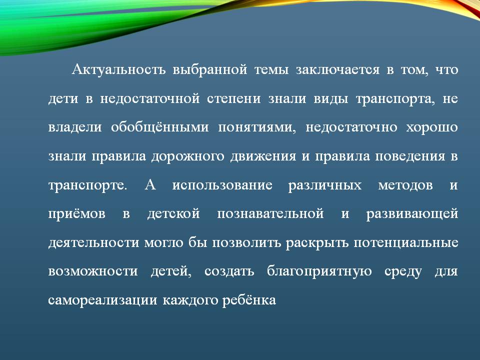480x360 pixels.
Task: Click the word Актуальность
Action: click(119, 69)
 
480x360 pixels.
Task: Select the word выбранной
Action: click(210, 70)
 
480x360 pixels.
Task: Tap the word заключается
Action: click(337, 70)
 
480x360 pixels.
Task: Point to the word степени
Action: click(234, 98)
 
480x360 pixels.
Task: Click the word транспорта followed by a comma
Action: click(395, 99)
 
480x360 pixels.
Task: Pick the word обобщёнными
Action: click(160, 127)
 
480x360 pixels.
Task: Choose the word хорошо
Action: click(432, 127)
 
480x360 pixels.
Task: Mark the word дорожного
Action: click(187, 156)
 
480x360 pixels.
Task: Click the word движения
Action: click(263, 156)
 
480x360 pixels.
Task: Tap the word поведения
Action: click(410, 156)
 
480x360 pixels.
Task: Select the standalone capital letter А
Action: click(150, 185)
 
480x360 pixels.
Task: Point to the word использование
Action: click(222, 185)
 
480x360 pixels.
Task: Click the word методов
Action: click(405, 185)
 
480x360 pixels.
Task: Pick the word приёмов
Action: click(77, 213)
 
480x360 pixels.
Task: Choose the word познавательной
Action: click(270, 213)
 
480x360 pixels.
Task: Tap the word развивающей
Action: click(412, 213)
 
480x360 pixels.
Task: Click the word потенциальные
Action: click(406, 242)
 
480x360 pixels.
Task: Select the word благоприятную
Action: click(319, 271)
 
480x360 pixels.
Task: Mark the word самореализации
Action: click(103, 300)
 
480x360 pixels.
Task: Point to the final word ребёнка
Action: click(249, 299)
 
